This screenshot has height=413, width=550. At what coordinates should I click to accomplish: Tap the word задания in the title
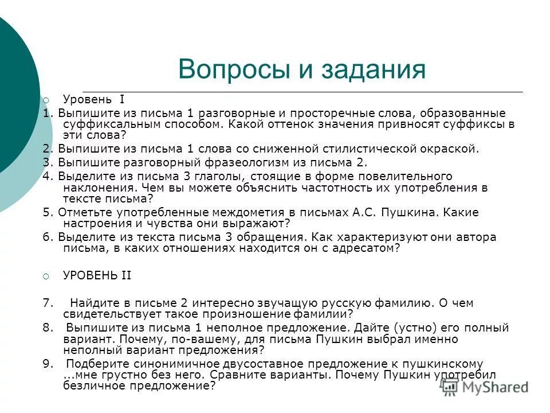(360, 70)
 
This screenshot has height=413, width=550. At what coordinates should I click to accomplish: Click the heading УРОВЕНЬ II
(97, 275)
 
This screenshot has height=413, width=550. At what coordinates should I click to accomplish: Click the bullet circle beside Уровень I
(46, 99)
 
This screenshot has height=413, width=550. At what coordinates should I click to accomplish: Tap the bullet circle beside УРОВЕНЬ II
(46, 276)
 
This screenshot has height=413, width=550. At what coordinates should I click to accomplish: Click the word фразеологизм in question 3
(224, 162)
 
